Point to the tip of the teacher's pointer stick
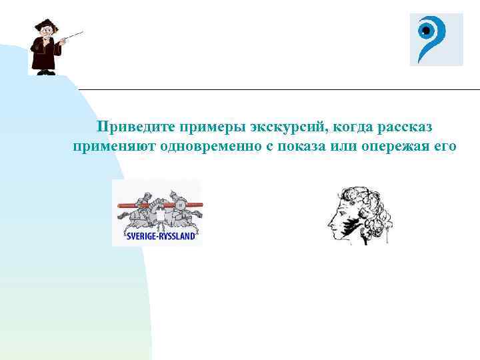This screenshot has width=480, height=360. [x=82, y=31]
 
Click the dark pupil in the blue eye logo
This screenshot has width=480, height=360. [x=425, y=31]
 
